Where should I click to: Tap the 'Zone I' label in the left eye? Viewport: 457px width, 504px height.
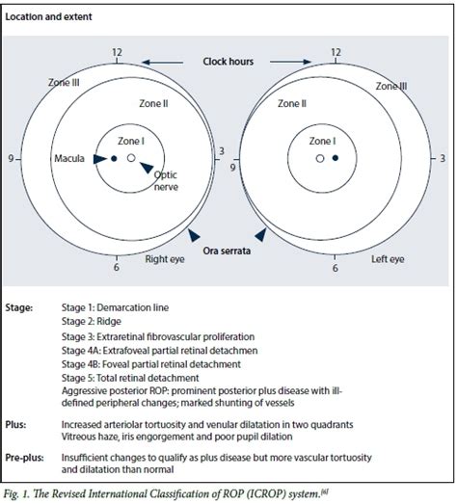322,140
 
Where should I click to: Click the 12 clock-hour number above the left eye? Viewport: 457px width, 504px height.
335,52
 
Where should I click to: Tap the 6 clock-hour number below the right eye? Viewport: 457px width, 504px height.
117,270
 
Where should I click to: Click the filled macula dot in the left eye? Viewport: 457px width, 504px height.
336,157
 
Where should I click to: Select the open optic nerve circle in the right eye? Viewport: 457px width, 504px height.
130,157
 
